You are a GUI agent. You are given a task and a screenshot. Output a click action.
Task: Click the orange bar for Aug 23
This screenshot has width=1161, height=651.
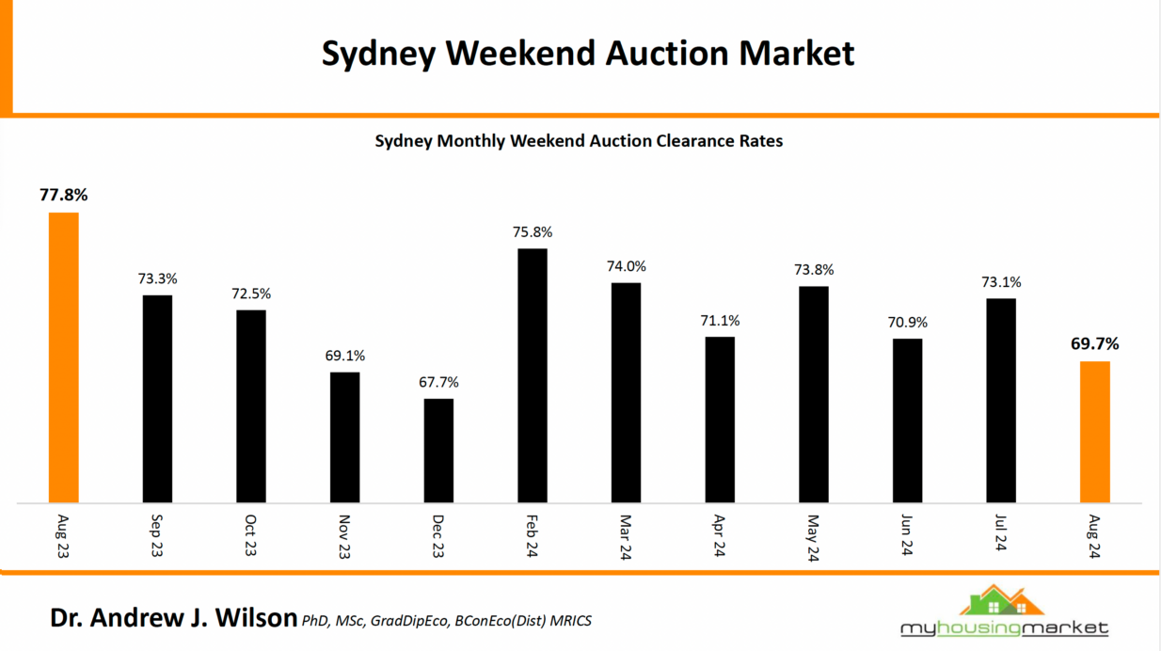point(63,357)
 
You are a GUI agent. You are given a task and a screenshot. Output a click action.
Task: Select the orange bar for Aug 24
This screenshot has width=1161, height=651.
point(1095,432)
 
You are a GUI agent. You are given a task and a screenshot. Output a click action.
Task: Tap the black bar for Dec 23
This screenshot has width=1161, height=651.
point(438,451)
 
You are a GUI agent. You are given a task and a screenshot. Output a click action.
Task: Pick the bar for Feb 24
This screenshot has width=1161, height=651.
point(533,375)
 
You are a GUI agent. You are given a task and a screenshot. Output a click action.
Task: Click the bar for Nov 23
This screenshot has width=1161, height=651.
point(344,437)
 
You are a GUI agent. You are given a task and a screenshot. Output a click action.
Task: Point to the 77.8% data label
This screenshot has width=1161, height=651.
point(63,196)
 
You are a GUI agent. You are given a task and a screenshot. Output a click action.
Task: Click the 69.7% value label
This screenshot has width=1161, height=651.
point(1095,343)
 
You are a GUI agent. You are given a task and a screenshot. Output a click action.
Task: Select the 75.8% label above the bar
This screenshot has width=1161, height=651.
point(533,231)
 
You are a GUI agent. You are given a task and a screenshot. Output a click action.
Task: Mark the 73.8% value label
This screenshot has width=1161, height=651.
point(814,269)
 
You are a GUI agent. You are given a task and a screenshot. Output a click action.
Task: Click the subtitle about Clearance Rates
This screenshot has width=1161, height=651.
point(579,141)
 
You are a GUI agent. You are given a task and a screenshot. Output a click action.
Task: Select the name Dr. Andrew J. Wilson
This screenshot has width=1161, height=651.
point(174,618)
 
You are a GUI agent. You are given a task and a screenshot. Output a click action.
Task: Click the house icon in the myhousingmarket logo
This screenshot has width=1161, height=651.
point(1002,602)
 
